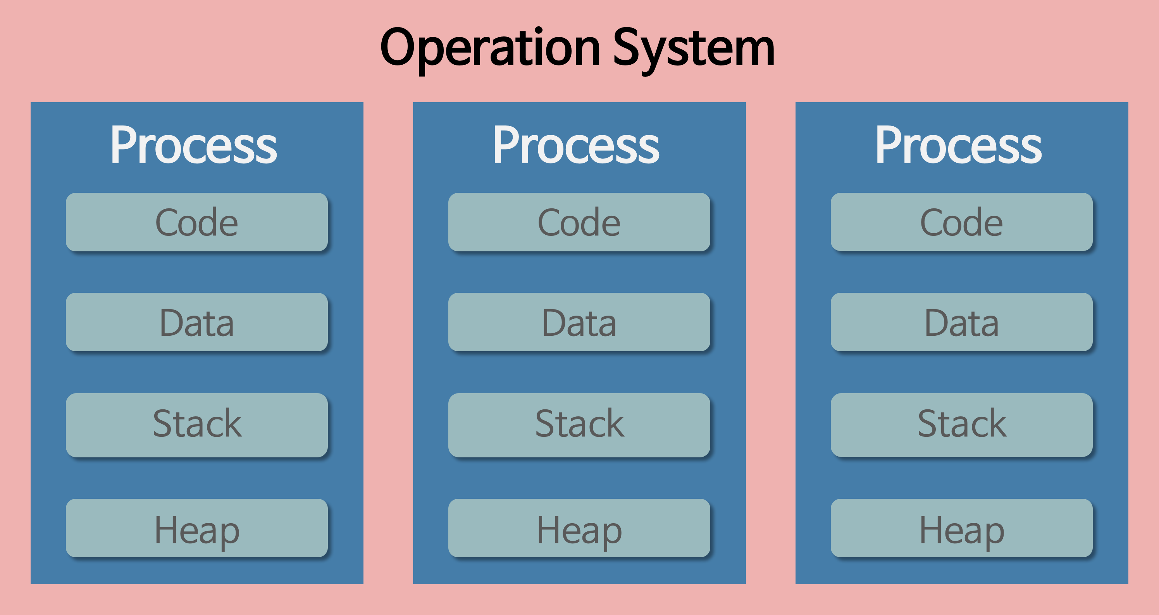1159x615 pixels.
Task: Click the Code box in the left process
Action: [x=196, y=222]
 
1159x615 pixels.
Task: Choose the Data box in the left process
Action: [x=196, y=322]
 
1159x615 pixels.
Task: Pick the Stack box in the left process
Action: [x=196, y=425]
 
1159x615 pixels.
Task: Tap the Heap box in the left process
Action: [x=196, y=528]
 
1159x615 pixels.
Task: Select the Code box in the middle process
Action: [x=579, y=222]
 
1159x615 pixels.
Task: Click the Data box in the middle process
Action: [x=579, y=322]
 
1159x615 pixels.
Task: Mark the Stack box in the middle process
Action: [x=579, y=425]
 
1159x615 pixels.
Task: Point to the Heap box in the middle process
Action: [x=579, y=528]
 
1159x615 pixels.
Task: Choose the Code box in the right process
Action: [x=961, y=222]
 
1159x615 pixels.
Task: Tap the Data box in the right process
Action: [x=961, y=322]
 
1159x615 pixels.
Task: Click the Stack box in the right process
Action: [x=961, y=425]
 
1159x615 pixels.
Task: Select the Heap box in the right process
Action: [x=961, y=528]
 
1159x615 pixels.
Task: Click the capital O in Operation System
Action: [x=397, y=46]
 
